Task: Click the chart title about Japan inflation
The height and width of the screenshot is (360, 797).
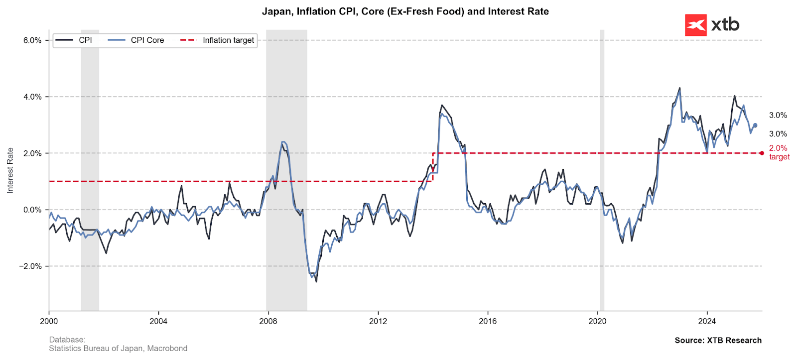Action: click(405, 11)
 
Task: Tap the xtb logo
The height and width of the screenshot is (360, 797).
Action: click(712, 25)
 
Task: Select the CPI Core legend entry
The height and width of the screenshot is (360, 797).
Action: click(147, 40)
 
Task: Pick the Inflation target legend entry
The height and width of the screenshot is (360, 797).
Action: click(228, 40)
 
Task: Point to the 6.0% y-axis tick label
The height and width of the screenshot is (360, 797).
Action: click(32, 40)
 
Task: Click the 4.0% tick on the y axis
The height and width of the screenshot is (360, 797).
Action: click(32, 97)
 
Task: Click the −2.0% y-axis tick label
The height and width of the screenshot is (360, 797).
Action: click(30, 266)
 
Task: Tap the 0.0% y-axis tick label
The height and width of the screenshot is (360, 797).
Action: click(32, 210)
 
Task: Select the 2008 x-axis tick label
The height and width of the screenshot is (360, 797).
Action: click(268, 321)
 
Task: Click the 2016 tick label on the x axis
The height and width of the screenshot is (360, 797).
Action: click(488, 321)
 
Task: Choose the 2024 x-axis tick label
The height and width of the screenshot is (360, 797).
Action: click(707, 321)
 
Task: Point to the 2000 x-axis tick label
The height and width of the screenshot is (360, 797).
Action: click(49, 321)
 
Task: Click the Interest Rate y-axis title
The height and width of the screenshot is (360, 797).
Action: click(10, 170)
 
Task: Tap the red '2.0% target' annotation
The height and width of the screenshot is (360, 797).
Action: click(779, 152)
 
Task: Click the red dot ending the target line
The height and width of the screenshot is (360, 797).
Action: click(762, 153)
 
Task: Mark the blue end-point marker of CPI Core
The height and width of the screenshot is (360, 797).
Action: click(755, 125)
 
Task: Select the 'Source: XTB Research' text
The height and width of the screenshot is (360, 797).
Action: click(718, 341)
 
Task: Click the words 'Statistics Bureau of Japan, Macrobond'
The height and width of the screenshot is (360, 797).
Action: click(118, 349)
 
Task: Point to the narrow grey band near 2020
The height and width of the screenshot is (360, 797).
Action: click(602, 169)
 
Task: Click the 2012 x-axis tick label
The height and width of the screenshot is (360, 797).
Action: click(378, 321)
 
